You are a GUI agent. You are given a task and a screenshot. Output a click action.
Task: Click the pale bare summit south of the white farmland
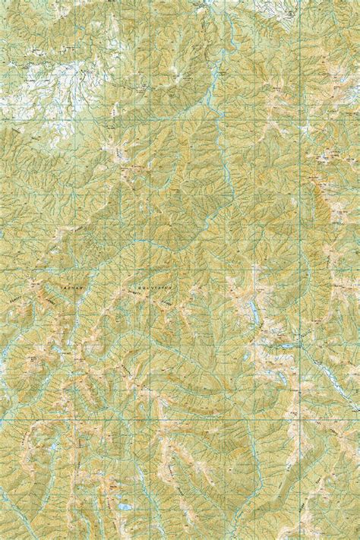click(x=122, y=156)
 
